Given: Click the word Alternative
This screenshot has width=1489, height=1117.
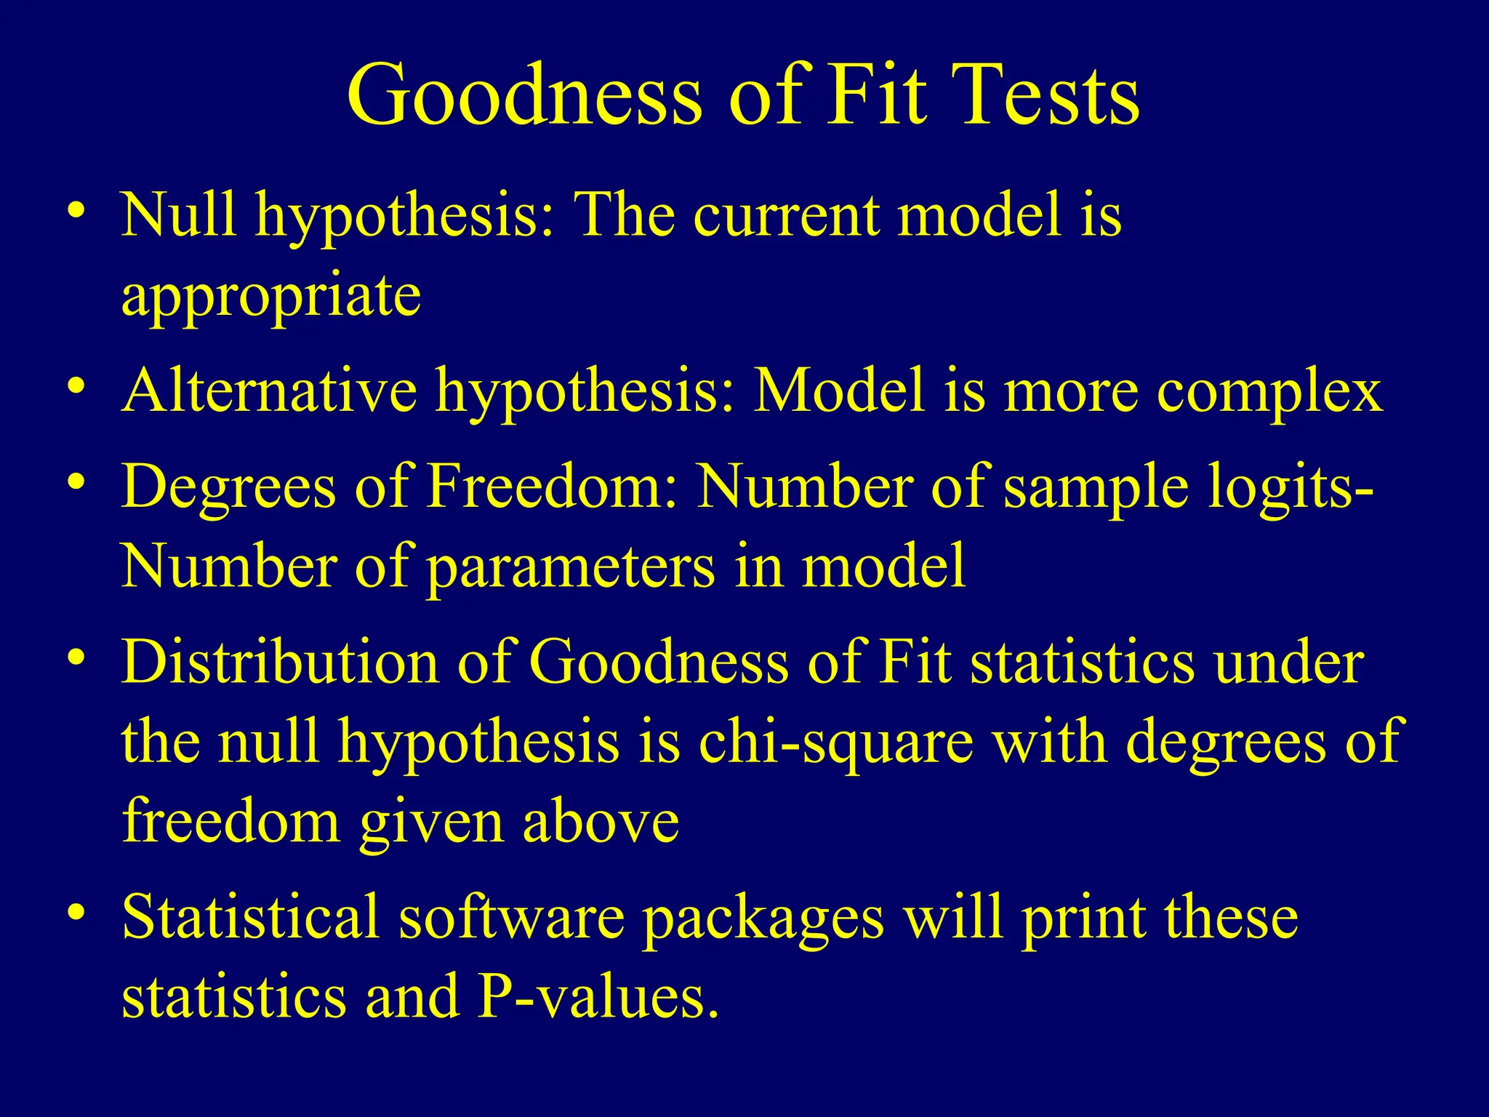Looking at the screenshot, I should tap(269, 391).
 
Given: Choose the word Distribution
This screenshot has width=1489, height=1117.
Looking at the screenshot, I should tap(280, 662).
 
